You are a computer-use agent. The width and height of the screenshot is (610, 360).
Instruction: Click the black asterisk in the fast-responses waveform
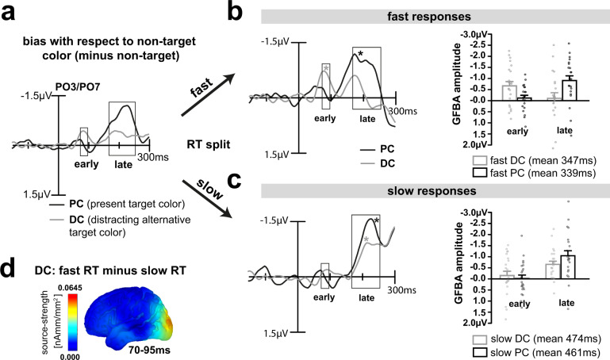click(x=360, y=53)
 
